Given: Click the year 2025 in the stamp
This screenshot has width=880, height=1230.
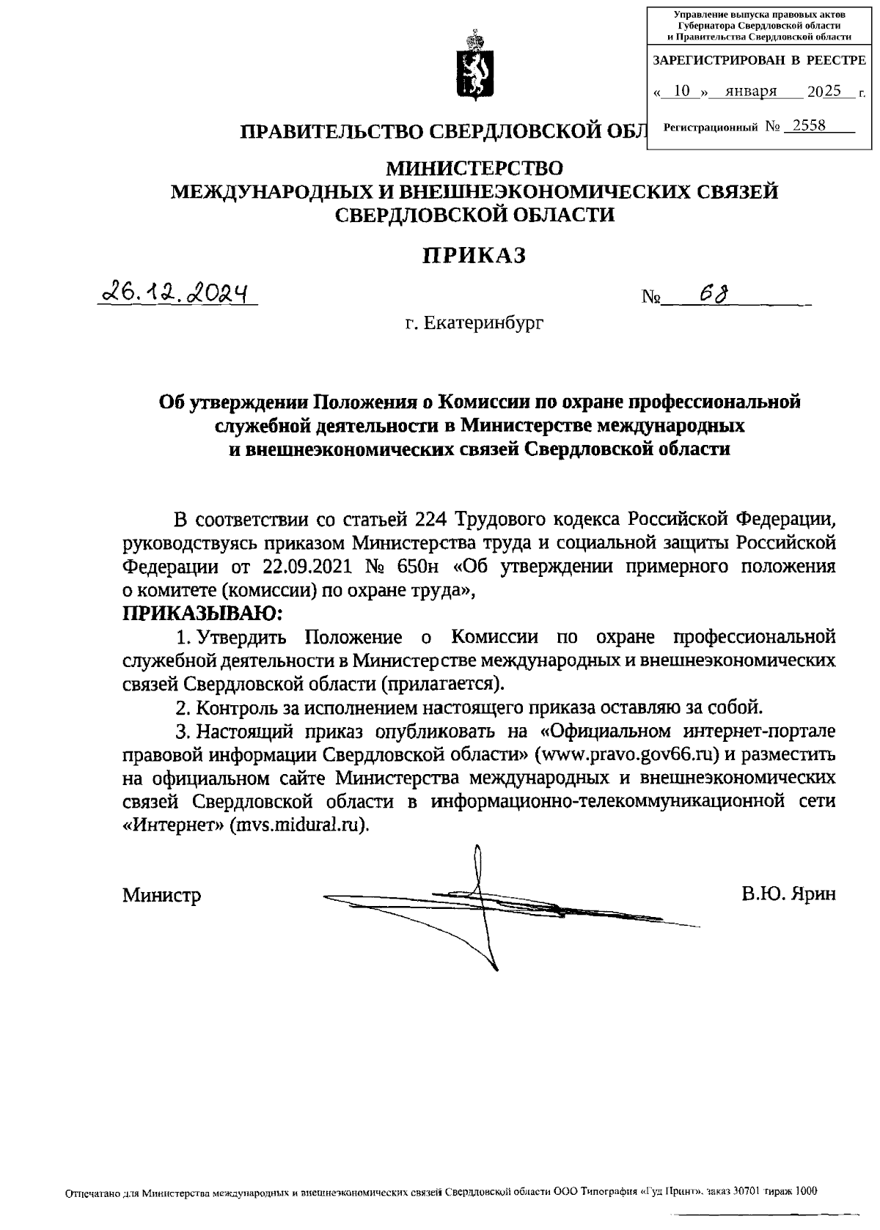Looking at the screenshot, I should pos(824,92).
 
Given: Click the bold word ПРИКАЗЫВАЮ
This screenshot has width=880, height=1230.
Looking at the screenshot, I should pos(202,613).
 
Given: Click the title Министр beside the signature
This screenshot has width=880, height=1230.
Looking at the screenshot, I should pos(161,895).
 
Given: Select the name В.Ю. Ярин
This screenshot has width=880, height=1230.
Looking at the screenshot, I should pos(788,894).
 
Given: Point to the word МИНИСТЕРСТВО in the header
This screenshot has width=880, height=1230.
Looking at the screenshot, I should pos(474,169).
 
